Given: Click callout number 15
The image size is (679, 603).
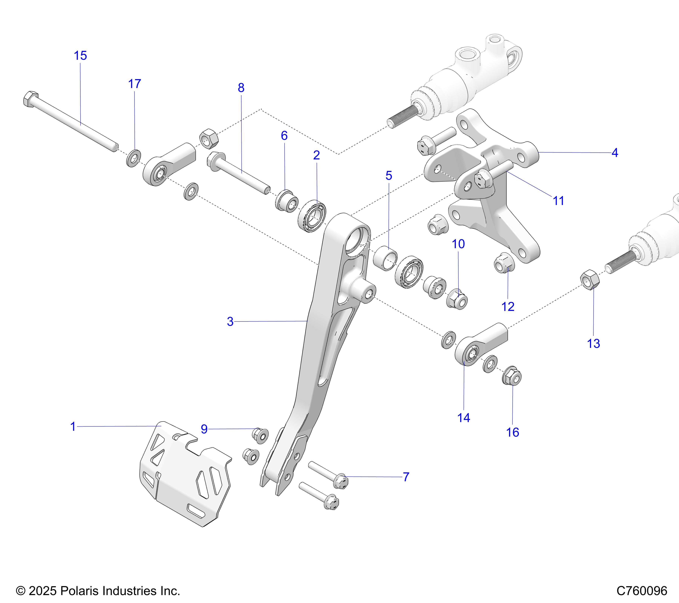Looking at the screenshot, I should (80, 56).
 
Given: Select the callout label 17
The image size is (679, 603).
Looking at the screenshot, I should (134, 84).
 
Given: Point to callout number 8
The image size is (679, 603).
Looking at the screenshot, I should (241, 88).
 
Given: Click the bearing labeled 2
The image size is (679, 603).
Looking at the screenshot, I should (312, 216).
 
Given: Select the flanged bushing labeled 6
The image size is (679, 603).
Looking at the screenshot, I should (286, 200).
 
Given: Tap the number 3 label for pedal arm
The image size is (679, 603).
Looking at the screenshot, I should (230, 322).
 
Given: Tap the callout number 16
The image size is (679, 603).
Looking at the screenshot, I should (513, 432).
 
